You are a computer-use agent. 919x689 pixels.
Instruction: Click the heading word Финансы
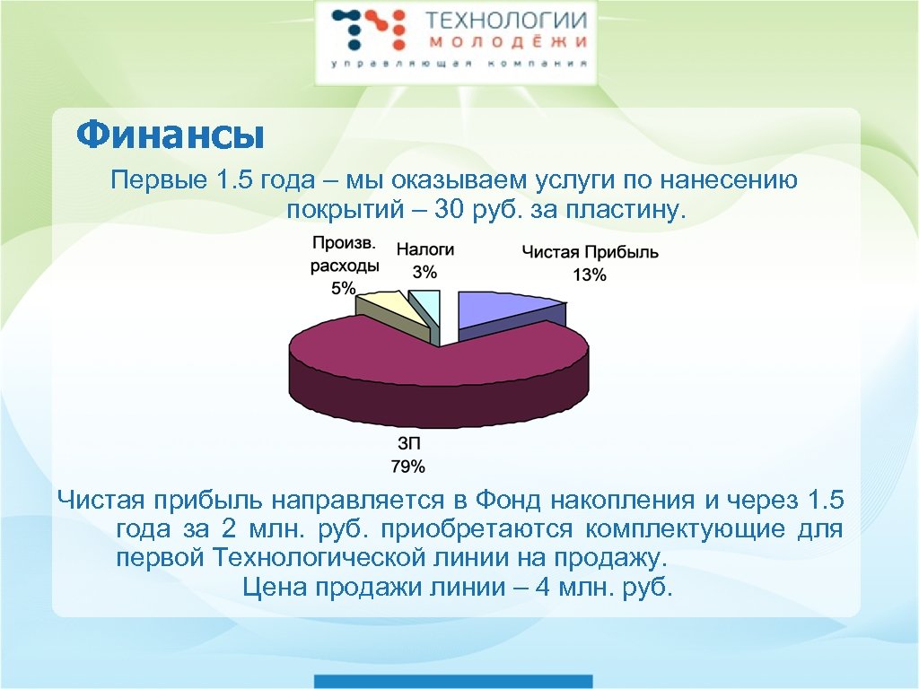(170, 136)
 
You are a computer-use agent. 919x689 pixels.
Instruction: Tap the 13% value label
(590, 275)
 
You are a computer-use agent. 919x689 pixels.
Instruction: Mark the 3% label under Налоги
(424, 272)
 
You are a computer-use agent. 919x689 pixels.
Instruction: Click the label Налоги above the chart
(425, 250)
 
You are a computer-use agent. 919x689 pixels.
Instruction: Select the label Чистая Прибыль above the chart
(590, 252)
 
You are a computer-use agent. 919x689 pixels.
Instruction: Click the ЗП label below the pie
(407, 443)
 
